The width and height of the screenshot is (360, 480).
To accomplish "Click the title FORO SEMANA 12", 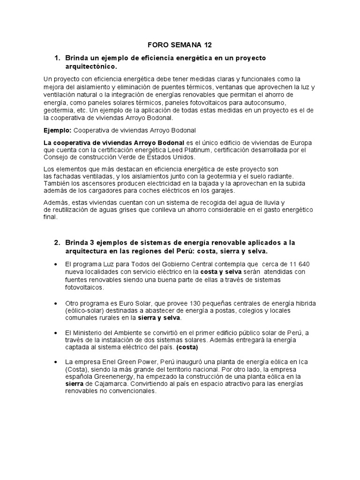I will coord(180,45).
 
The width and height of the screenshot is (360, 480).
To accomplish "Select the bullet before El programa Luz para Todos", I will coord(57,264).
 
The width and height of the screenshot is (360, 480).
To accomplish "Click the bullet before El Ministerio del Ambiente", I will coord(57,333).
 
